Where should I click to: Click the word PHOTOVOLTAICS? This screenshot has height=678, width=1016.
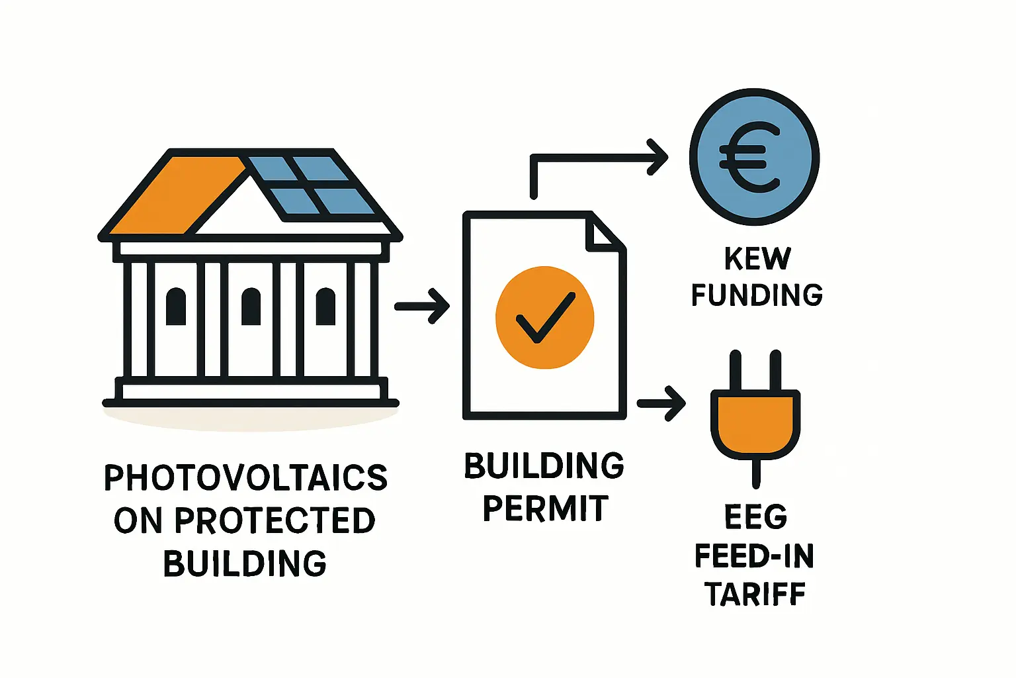click(245, 478)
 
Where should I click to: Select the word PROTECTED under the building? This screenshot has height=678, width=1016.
click(275, 521)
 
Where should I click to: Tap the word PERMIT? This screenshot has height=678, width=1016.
click(545, 508)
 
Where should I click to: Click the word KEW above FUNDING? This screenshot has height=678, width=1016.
click(757, 258)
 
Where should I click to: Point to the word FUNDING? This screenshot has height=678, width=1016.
click(757, 295)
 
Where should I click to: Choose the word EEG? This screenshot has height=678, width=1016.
click(755, 517)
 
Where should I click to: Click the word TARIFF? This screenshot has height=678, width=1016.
click(755, 594)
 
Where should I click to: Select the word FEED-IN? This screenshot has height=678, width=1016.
click(754, 556)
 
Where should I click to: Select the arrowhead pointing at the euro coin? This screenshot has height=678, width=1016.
click(657, 158)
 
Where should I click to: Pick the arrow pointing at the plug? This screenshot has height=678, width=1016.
click(661, 403)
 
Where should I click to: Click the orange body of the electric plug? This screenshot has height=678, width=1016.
click(755, 424)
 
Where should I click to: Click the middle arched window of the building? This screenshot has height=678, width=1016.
click(251, 307)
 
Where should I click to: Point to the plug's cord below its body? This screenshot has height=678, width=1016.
click(756, 473)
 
